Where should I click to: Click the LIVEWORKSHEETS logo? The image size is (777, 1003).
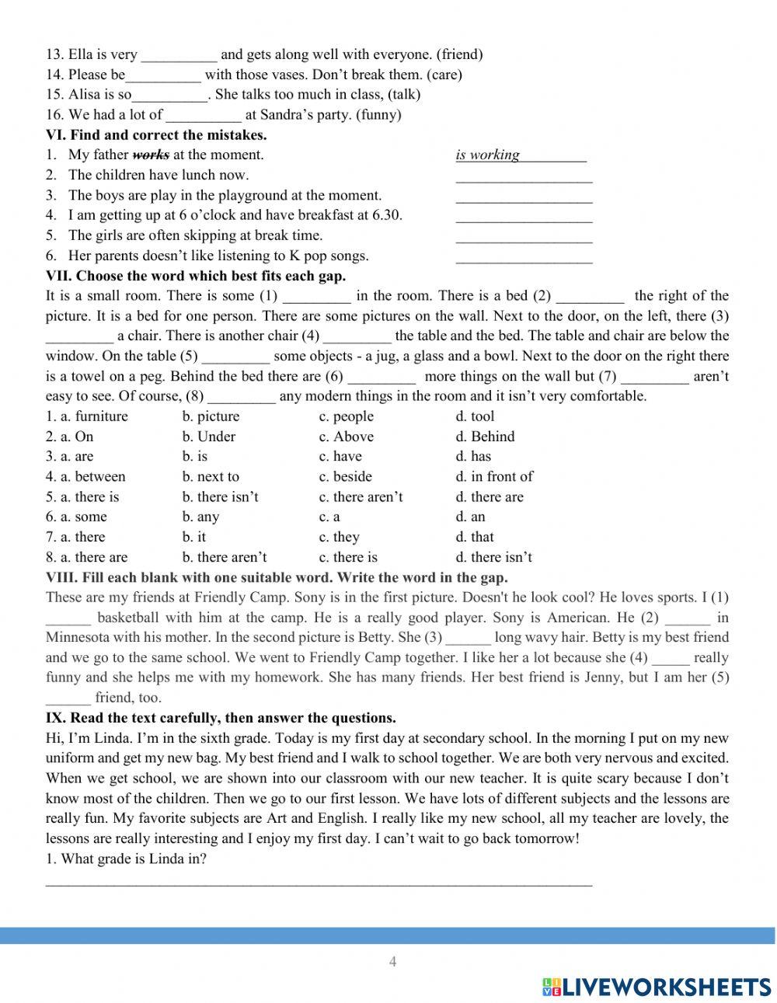pos(657,986)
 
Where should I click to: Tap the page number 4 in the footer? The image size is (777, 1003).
pos(392,962)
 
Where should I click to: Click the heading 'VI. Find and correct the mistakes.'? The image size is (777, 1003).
pos(156,134)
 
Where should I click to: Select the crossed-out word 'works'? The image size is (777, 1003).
pos(151,155)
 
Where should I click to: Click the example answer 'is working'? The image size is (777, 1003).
pos(487,155)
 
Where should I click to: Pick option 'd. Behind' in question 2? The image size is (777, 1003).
pos(485,437)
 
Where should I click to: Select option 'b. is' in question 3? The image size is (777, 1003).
pos(195,457)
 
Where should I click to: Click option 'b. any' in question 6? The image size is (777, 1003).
pos(200,517)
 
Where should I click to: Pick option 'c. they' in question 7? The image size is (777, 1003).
pos(339,538)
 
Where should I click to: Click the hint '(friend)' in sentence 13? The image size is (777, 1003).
pos(459,54)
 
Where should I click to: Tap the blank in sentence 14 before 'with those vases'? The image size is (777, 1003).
pos(163,75)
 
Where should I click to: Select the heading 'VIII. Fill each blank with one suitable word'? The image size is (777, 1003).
pos(277,577)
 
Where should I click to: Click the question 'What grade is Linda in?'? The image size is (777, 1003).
pos(126,859)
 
